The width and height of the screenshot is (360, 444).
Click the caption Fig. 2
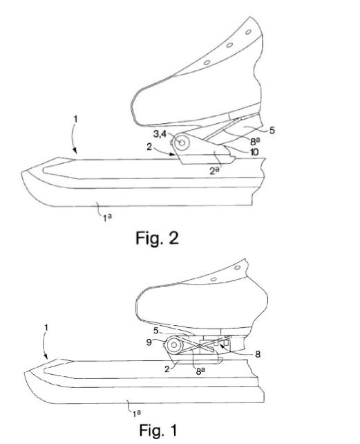157,238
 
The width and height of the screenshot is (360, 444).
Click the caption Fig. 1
158,430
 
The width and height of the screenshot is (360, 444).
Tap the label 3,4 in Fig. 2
160,133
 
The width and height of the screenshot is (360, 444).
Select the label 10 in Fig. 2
254,152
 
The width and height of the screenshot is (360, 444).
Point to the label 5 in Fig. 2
272,130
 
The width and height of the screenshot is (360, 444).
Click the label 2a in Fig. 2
214,170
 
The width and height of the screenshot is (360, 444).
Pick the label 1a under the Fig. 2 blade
107,217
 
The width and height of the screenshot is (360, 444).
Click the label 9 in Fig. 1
149,342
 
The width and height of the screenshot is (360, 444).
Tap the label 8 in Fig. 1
258,354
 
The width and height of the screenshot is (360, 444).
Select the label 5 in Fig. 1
156,331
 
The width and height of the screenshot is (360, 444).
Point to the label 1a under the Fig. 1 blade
137,414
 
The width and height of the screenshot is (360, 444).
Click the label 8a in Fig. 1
200,371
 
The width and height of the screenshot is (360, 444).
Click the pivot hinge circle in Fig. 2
182,142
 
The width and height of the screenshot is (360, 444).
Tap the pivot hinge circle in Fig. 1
173,345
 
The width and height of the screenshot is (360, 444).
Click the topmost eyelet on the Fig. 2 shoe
248,32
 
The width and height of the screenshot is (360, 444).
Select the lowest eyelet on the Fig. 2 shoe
207,62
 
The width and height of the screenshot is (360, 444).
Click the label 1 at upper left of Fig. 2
75,120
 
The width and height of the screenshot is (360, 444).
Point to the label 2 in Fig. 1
167,369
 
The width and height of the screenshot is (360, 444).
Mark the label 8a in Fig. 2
255,141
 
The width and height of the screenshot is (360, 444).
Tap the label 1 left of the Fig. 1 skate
46,328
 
